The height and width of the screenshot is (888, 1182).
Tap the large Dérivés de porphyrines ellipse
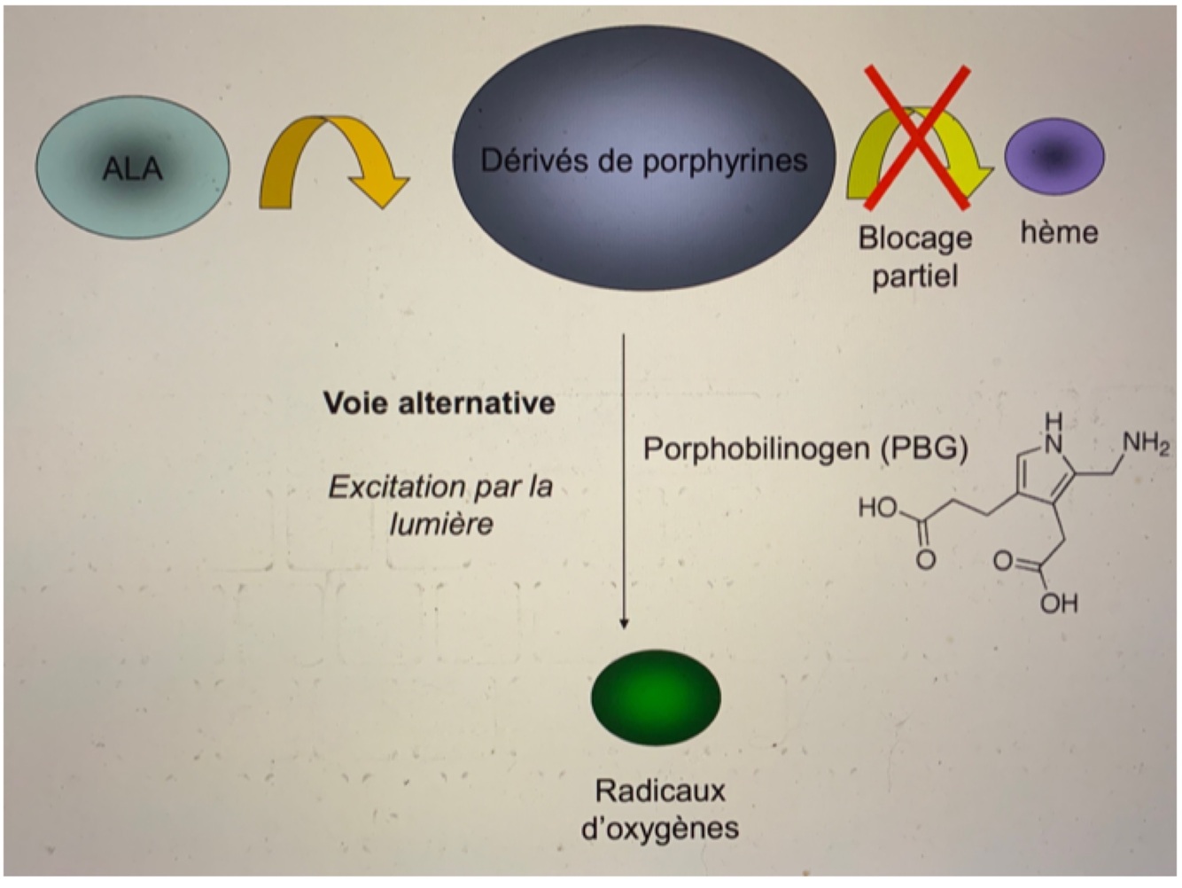(644, 160)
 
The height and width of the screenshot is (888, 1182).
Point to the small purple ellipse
(1054, 157)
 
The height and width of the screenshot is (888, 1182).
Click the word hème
(1059, 232)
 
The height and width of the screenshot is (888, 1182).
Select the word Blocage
(915, 238)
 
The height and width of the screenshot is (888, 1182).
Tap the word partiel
(915, 276)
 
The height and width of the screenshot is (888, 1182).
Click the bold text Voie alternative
(439, 403)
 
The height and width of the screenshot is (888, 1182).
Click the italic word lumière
(441, 524)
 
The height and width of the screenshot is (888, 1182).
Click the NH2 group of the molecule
(1146, 442)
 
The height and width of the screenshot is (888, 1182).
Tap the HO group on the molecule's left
(878, 508)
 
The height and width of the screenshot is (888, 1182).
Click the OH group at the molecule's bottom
(1059, 604)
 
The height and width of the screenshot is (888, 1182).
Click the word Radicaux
(659, 791)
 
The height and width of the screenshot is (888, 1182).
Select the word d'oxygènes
(659, 829)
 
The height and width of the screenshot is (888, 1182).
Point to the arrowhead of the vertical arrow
(624, 623)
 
